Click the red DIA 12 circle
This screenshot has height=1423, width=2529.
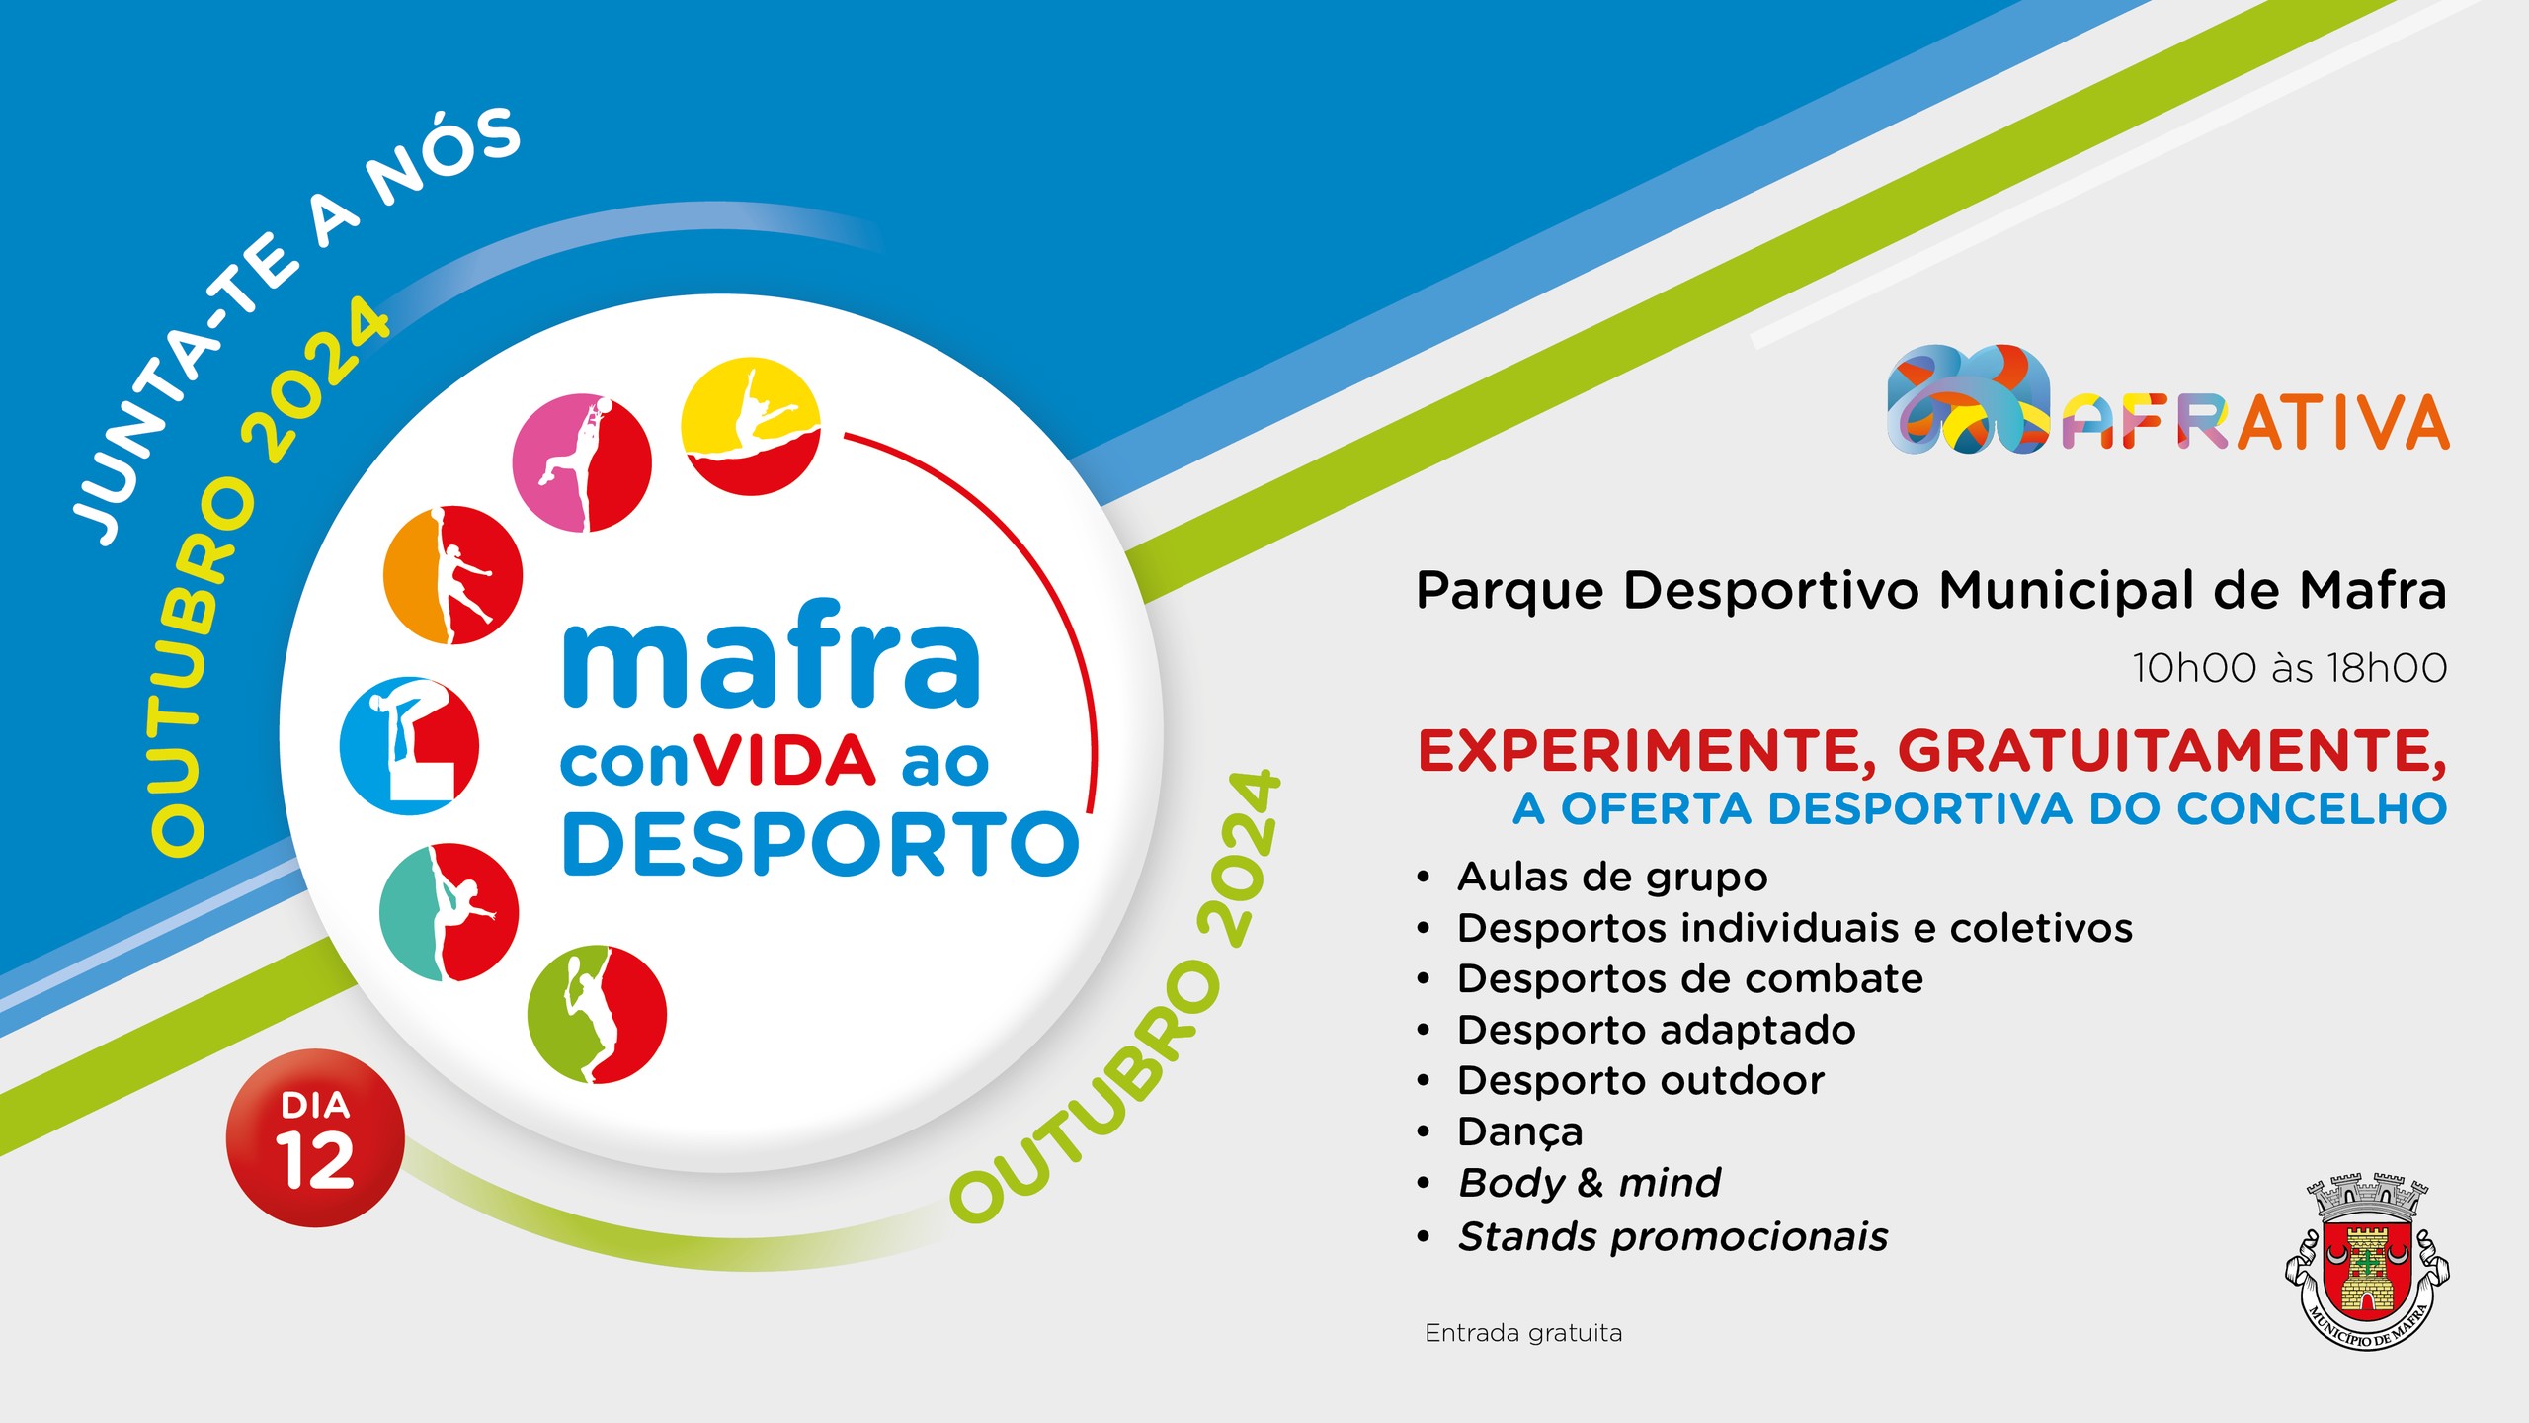[315, 1138]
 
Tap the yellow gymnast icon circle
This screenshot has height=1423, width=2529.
[751, 426]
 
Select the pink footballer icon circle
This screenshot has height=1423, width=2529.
[582, 462]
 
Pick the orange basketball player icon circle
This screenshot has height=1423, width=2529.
[453, 575]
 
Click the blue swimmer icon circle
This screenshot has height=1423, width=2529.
[409, 746]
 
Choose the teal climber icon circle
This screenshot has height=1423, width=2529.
[449, 912]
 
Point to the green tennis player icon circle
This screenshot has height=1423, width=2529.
[597, 1015]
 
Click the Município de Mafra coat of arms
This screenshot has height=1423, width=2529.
[2367, 1262]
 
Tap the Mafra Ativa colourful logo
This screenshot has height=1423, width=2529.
[2167, 400]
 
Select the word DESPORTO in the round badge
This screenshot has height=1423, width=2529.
[820, 844]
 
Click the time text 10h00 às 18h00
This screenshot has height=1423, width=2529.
[2289, 668]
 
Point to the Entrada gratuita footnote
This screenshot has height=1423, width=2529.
[1523, 1334]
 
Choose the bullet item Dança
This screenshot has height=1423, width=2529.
[1519, 1132]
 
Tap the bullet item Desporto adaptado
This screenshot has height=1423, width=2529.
[1657, 1031]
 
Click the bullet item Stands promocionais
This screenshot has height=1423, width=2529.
[1673, 1236]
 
